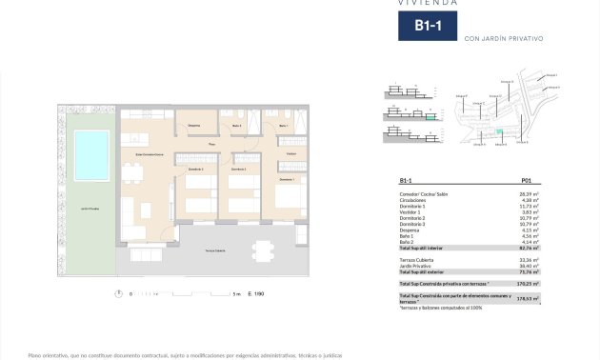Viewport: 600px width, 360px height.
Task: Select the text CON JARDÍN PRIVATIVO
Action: click(503, 39)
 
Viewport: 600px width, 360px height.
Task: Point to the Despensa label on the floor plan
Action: click(193, 126)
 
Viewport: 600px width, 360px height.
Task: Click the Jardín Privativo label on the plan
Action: click(91, 207)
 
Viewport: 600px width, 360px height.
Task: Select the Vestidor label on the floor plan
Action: click(290, 153)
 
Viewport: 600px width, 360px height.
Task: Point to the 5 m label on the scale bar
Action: click(236, 295)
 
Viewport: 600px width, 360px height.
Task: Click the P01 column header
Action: click(527, 180)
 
